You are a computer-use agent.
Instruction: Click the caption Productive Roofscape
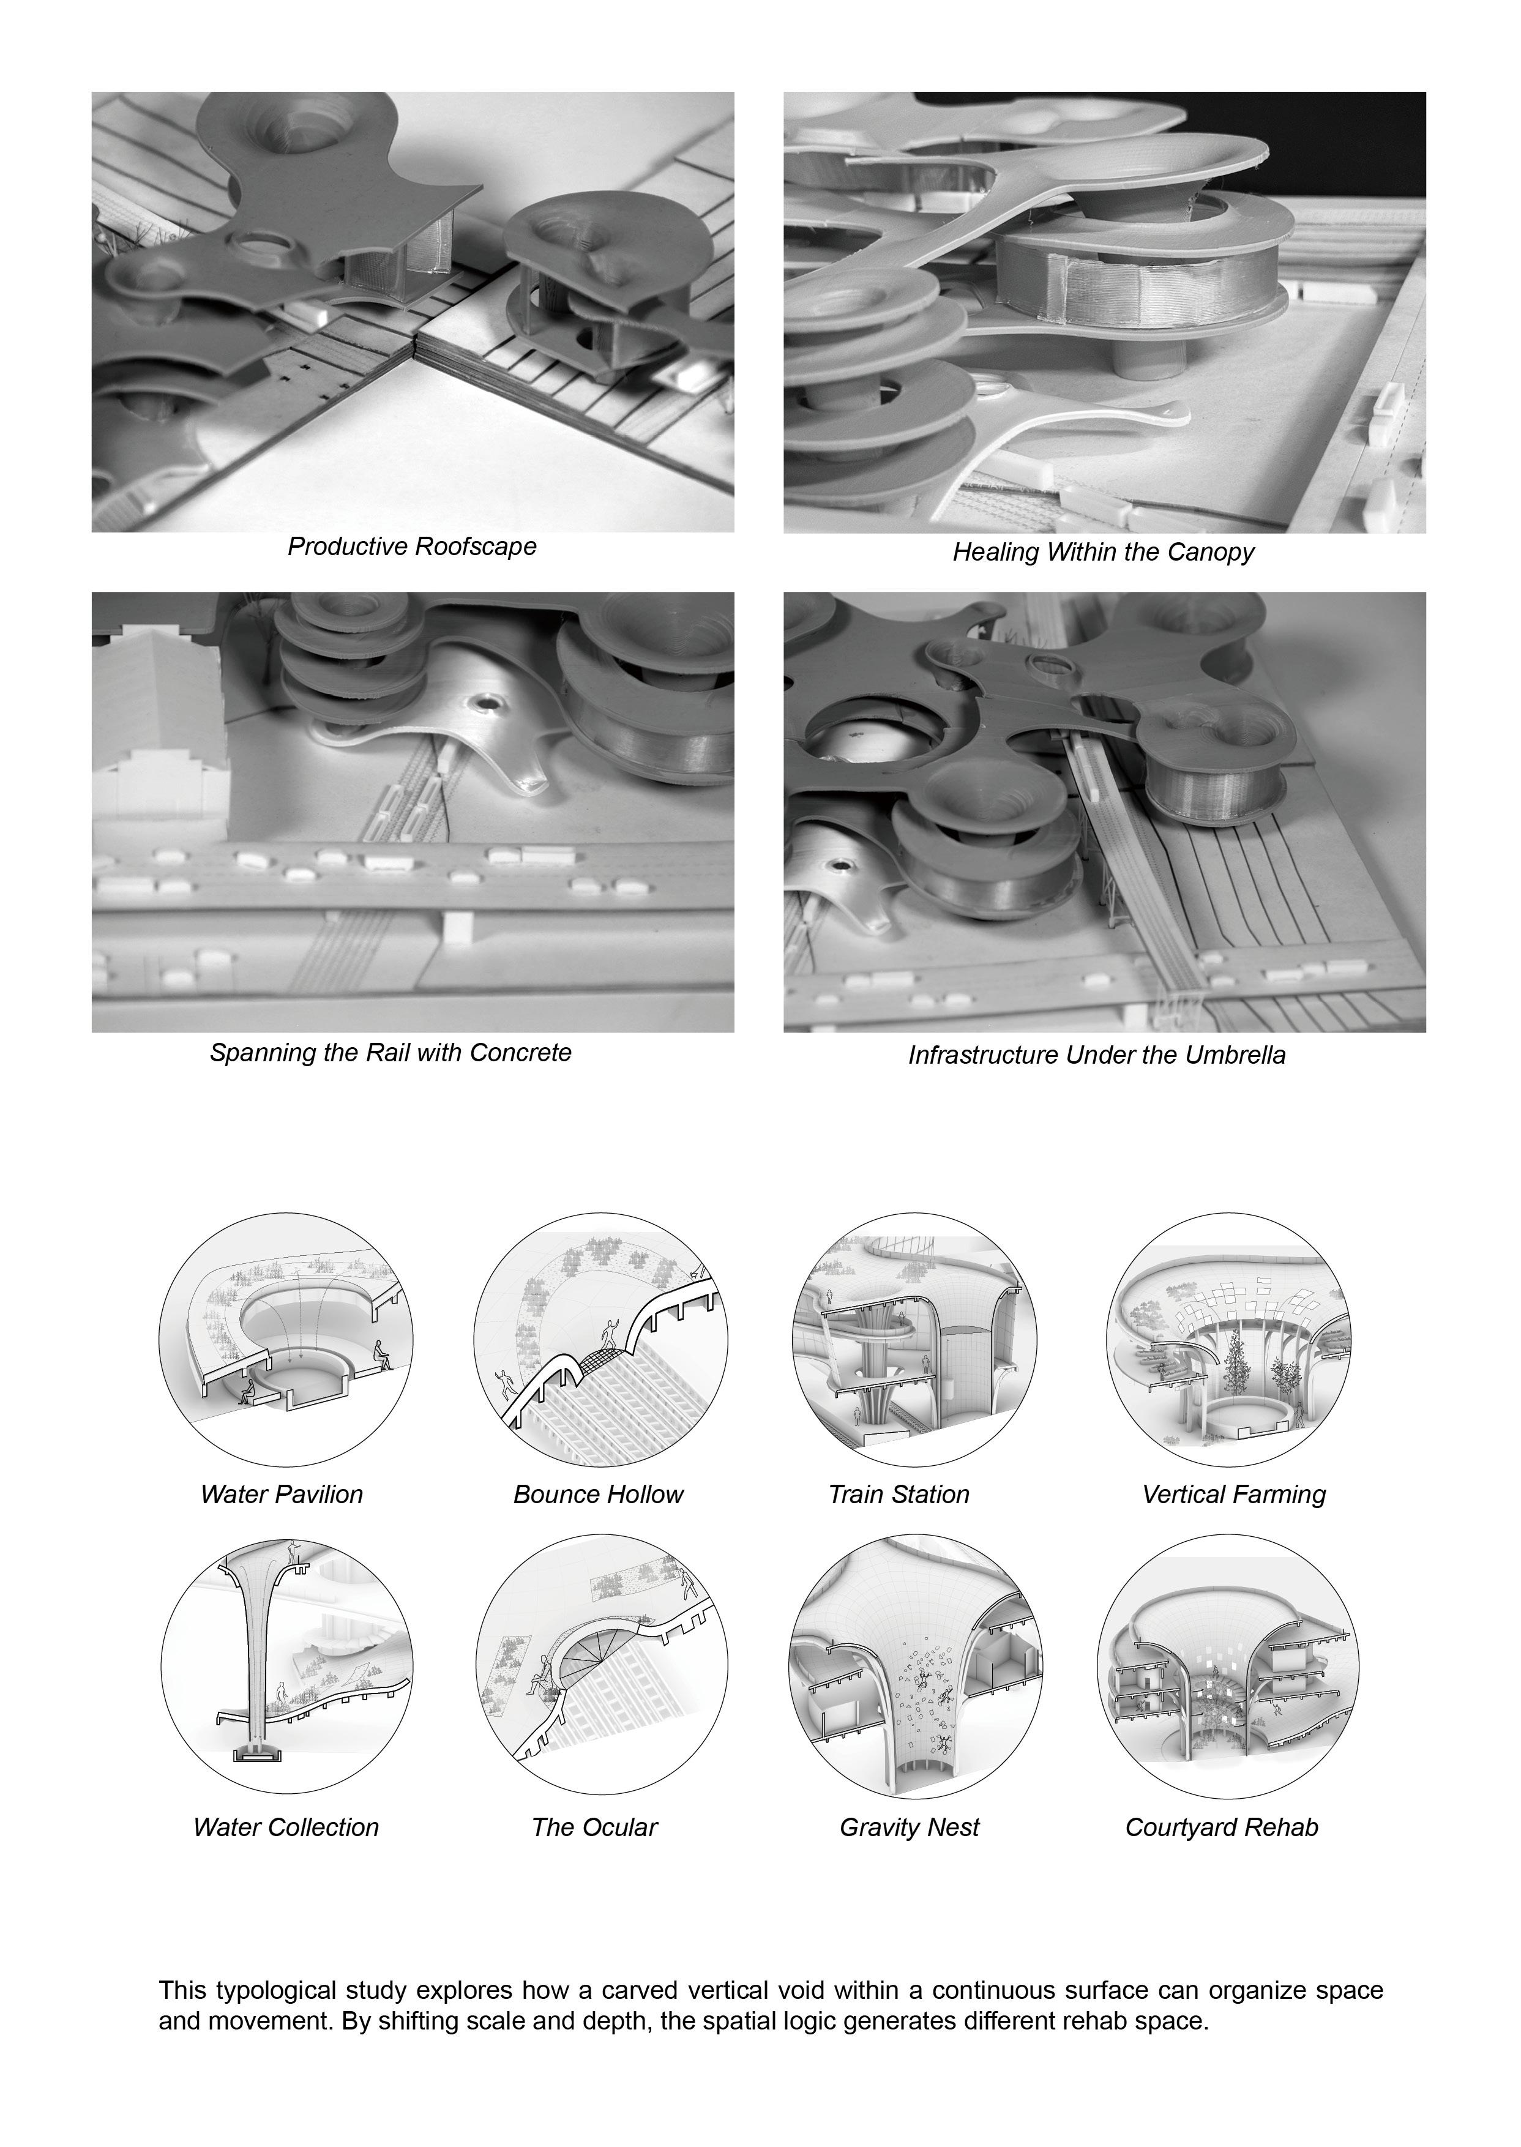tap(412, 547)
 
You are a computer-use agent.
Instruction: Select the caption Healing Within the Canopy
tap(1104, 553)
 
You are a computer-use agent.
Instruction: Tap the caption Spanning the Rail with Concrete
tap(391, 1053)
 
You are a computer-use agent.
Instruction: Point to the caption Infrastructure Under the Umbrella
tap(1097, 1055)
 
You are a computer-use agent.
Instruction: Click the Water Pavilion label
tap(281, 1495)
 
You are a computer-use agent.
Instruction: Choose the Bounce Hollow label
tap(599, 1495)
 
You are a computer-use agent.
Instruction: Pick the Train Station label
tap(899, 1495)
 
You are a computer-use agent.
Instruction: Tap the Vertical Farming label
tap(1235, 1495)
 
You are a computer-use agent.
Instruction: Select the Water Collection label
tap(286, 1827)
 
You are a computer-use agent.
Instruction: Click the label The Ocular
tap(595, 1827)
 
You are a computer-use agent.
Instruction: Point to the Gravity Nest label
tap(910, 1828)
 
